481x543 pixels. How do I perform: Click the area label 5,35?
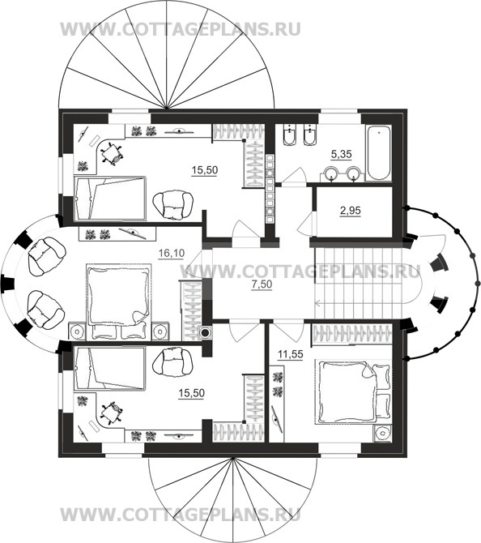[x=341, y=155]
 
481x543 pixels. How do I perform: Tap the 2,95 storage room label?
[x=350, y=211]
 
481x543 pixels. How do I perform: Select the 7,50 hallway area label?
[x=262, y=284]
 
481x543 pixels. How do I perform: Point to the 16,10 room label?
[x=171, y=254]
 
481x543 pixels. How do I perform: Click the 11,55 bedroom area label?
[x=291, y=354]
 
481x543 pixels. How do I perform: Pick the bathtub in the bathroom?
[x=379, y=152]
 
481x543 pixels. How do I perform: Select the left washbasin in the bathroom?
[x=333, y=174]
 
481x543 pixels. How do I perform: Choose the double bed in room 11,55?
[x=353, y=391]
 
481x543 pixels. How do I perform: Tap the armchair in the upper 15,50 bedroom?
[x=172, y=205]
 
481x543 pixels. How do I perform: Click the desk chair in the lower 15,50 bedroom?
[x=111, y=413]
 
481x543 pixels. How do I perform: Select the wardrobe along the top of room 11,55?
[x=352, y=334]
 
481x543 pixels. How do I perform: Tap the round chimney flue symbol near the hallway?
[x=205, y=333]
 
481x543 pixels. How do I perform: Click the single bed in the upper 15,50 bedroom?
[x=109, y=198]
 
